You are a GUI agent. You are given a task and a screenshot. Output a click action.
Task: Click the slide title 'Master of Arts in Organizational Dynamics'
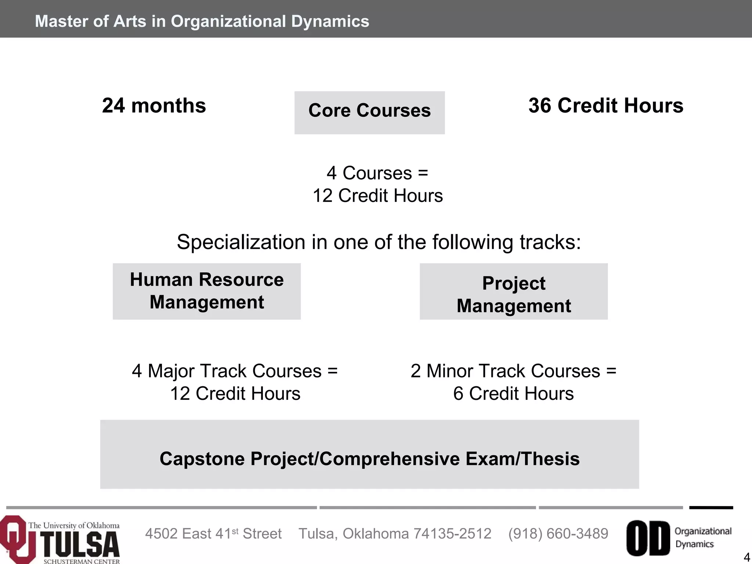click(x=202, y=21)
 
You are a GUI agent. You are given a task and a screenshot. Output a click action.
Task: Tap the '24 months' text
click(x=154, y=106)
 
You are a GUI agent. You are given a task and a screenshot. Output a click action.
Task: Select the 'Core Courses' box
click(x=369, y=112)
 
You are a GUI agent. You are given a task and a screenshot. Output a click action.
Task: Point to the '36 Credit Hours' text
click(x=606, y=106)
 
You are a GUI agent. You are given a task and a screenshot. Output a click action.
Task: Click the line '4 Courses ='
click(x=377, y=173)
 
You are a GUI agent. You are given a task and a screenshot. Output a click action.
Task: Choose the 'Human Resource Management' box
click(x=207, y=291)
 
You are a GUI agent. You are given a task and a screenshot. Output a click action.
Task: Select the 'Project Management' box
click(x=514, y=291)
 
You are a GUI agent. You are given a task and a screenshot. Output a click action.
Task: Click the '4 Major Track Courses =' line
click(x=235, y=371)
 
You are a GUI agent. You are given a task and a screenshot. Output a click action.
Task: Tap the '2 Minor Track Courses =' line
click(x=513, y=371)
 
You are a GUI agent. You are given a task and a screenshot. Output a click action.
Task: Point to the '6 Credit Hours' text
click(x=513, y=394)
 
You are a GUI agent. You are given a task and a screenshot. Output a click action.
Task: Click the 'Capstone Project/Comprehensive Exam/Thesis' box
click(x=369, y=454)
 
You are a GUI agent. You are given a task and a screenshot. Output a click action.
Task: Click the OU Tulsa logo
click(x=61, y=540)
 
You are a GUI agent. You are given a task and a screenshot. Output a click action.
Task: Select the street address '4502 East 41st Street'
click(x=213, y=534)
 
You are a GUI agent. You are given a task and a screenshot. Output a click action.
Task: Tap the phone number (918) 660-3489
click(x=558, y=534)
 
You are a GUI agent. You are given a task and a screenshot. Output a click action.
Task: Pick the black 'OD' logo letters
click(x=648, y=538)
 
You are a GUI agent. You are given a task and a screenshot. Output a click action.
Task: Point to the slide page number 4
click(x=746, y=557)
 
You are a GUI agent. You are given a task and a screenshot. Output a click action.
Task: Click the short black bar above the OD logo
click(x=711, y=508)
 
